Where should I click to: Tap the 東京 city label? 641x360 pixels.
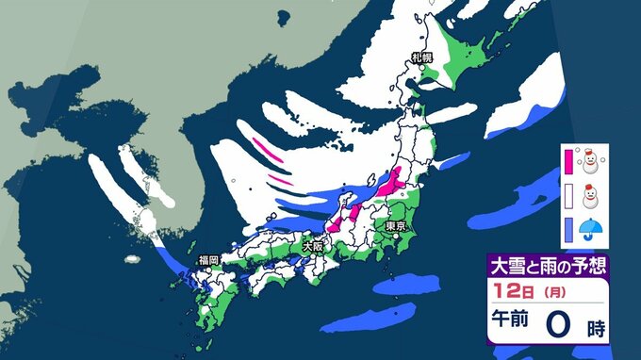tap(395, 227)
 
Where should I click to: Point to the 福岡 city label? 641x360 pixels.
tap(208, 259)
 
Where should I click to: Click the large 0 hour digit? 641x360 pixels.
tap(558, 325)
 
